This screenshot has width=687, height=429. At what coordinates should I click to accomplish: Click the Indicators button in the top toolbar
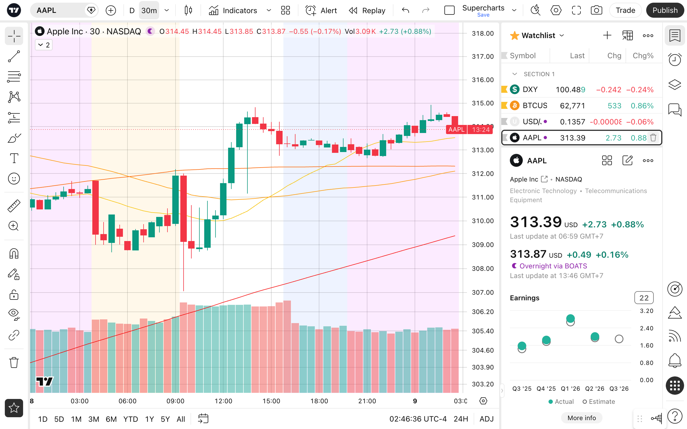[233, 10]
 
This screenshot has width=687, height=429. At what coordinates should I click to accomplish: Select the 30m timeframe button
[149, 10]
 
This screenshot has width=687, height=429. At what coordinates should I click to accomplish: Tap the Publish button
[665, 10]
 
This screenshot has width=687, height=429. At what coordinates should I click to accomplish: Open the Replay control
[367, 10]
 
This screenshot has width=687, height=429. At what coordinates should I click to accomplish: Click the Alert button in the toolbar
[321, 10]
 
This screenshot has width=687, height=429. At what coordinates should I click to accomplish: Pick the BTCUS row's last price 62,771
[572, 106]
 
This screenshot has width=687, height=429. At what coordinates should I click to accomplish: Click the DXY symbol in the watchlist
[530, 90]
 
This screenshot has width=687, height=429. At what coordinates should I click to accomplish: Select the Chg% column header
[643, 56]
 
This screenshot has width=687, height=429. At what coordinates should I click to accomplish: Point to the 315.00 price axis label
[483, 103]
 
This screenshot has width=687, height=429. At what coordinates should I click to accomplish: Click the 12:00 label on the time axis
[224, 401]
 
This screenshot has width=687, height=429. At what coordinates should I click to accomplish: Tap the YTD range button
[131, 419]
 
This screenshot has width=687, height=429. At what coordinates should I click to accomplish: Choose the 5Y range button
[165, 419]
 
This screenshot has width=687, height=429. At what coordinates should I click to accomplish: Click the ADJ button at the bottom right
[487, 419]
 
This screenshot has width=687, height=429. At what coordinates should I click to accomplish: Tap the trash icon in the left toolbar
[14, 362]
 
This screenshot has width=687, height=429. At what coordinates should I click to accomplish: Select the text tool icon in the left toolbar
[14, 158]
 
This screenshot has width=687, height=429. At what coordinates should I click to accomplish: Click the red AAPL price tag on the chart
[456, 130]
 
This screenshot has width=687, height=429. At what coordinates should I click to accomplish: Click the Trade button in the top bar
[625, 10]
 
